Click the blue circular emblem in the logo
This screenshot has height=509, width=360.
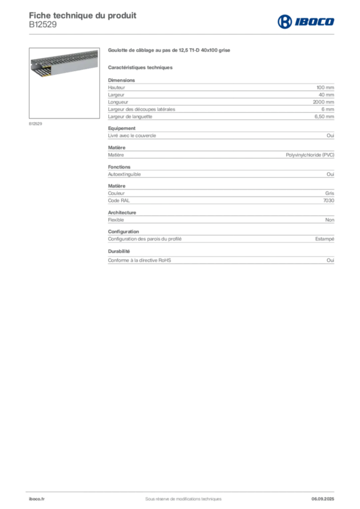pyautogui.click(x=285, y=22)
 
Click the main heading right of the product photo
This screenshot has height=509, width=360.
pyautogui.click(x=169, y=51)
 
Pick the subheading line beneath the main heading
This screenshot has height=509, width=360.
pyautogui.click(x=141, y=67)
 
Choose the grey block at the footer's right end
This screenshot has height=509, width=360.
pyautogui.click(x=324, y=496)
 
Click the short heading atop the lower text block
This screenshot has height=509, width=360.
pyautogui.click(x=118, y=185)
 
